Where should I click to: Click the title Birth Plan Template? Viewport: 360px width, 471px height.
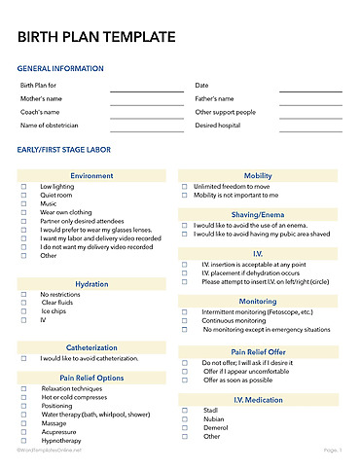click(x=97, y=38)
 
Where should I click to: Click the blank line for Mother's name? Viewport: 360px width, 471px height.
click(x=146, y=99)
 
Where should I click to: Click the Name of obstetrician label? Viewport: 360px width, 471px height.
click(x=50, y=126)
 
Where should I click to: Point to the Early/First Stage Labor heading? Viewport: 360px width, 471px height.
click(x=78, y=150)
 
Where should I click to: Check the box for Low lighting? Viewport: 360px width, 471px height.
click(x=24, y=186)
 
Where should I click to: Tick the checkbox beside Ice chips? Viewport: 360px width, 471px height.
click(x=24, y=311)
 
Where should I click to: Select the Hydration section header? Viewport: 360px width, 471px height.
click(x=91, y=284)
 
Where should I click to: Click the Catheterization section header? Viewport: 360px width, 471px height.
click(x=91, y=347)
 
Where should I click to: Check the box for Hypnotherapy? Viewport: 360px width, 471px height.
click(x=24, y=440)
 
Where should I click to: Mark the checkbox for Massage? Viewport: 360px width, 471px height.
click(x=24, y=422)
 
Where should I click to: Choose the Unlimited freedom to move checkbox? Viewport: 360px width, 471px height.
click(x=185, y=186)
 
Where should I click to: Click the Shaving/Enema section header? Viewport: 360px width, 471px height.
click(x=258, y=214)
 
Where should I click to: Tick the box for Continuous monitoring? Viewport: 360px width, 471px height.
click(x=185, y=320)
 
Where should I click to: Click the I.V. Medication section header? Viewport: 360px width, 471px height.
click(x=258, y=400)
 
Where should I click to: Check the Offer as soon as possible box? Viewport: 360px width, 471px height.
click(x=185, y=380)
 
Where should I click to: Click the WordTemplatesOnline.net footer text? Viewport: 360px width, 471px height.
click(x=50, y=451)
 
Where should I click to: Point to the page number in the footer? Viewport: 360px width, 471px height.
click(x=332, y=451)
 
